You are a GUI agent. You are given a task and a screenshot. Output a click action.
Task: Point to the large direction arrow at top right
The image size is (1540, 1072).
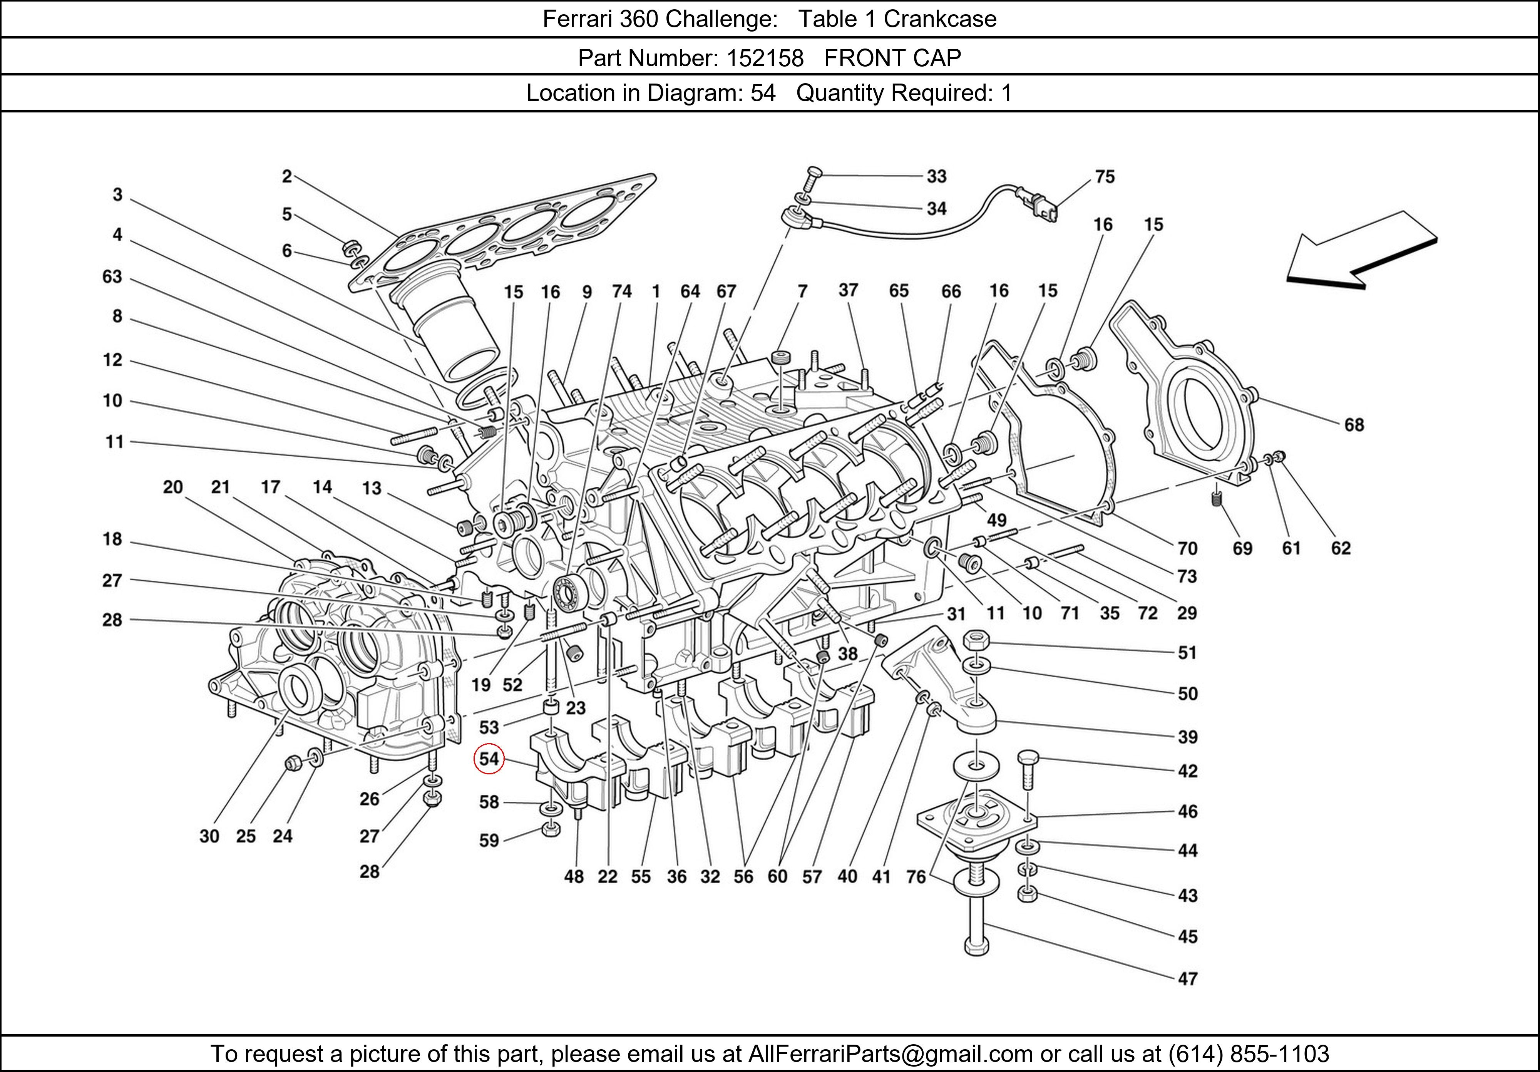(1362, 251)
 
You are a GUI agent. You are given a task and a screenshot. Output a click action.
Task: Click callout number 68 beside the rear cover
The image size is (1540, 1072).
(1354, 425)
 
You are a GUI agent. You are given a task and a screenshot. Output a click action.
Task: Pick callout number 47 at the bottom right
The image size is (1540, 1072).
(1187, 979)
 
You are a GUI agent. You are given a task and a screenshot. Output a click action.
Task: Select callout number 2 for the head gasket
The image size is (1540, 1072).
(286, 176)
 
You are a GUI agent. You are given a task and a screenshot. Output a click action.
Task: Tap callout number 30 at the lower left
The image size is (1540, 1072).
(209, 836)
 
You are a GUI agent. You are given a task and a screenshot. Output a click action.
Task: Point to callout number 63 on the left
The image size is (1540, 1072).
(112, 276)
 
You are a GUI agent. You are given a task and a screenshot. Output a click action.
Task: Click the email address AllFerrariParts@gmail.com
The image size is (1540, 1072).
(890, 1054)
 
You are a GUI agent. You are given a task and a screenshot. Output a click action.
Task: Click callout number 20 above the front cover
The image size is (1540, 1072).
(172, 487)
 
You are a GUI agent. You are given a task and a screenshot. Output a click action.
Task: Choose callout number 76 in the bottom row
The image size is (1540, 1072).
(916, 876)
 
